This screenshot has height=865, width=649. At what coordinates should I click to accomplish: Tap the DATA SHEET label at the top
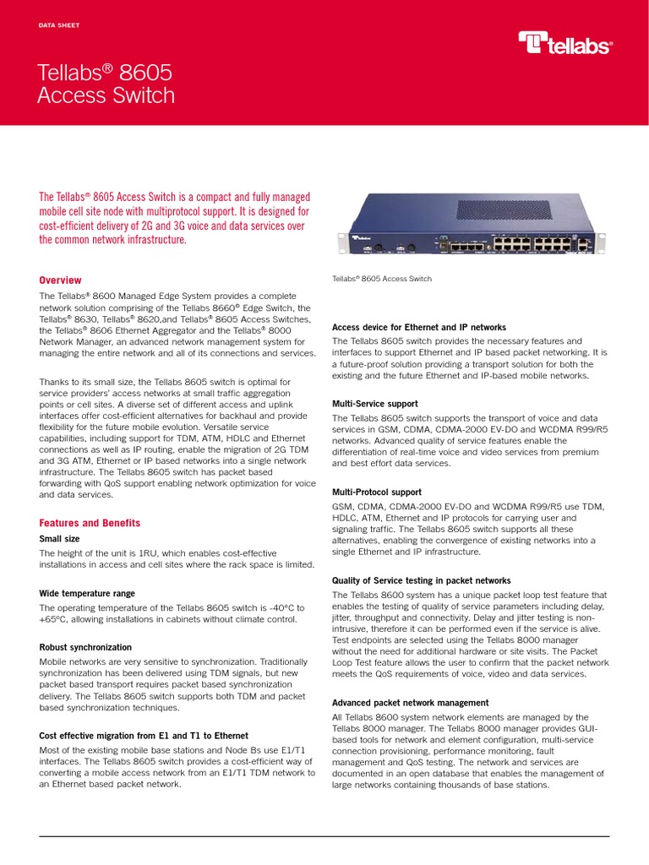[58, 25]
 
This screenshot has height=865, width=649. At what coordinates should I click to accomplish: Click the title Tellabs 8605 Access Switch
[106, 84]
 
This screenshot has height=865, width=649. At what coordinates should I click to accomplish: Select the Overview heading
[61, 280]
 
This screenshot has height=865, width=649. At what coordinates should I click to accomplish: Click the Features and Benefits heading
[90, 523]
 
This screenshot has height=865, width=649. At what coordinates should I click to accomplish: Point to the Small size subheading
[60, 539]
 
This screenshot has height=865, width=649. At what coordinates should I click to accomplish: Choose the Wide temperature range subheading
[87, 594]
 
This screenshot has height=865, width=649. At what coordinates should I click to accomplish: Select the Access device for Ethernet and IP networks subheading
[419, 327]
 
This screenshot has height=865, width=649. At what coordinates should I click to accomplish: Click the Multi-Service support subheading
[374, 405]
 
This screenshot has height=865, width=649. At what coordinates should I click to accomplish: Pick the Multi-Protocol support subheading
[376, 492]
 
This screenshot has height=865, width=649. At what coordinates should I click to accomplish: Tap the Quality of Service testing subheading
[421, 580]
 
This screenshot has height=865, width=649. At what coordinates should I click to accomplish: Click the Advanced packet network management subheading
[410, 703]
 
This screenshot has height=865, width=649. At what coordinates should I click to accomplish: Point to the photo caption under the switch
[382, 279]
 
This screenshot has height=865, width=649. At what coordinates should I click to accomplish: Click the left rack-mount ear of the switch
[343, 242]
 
